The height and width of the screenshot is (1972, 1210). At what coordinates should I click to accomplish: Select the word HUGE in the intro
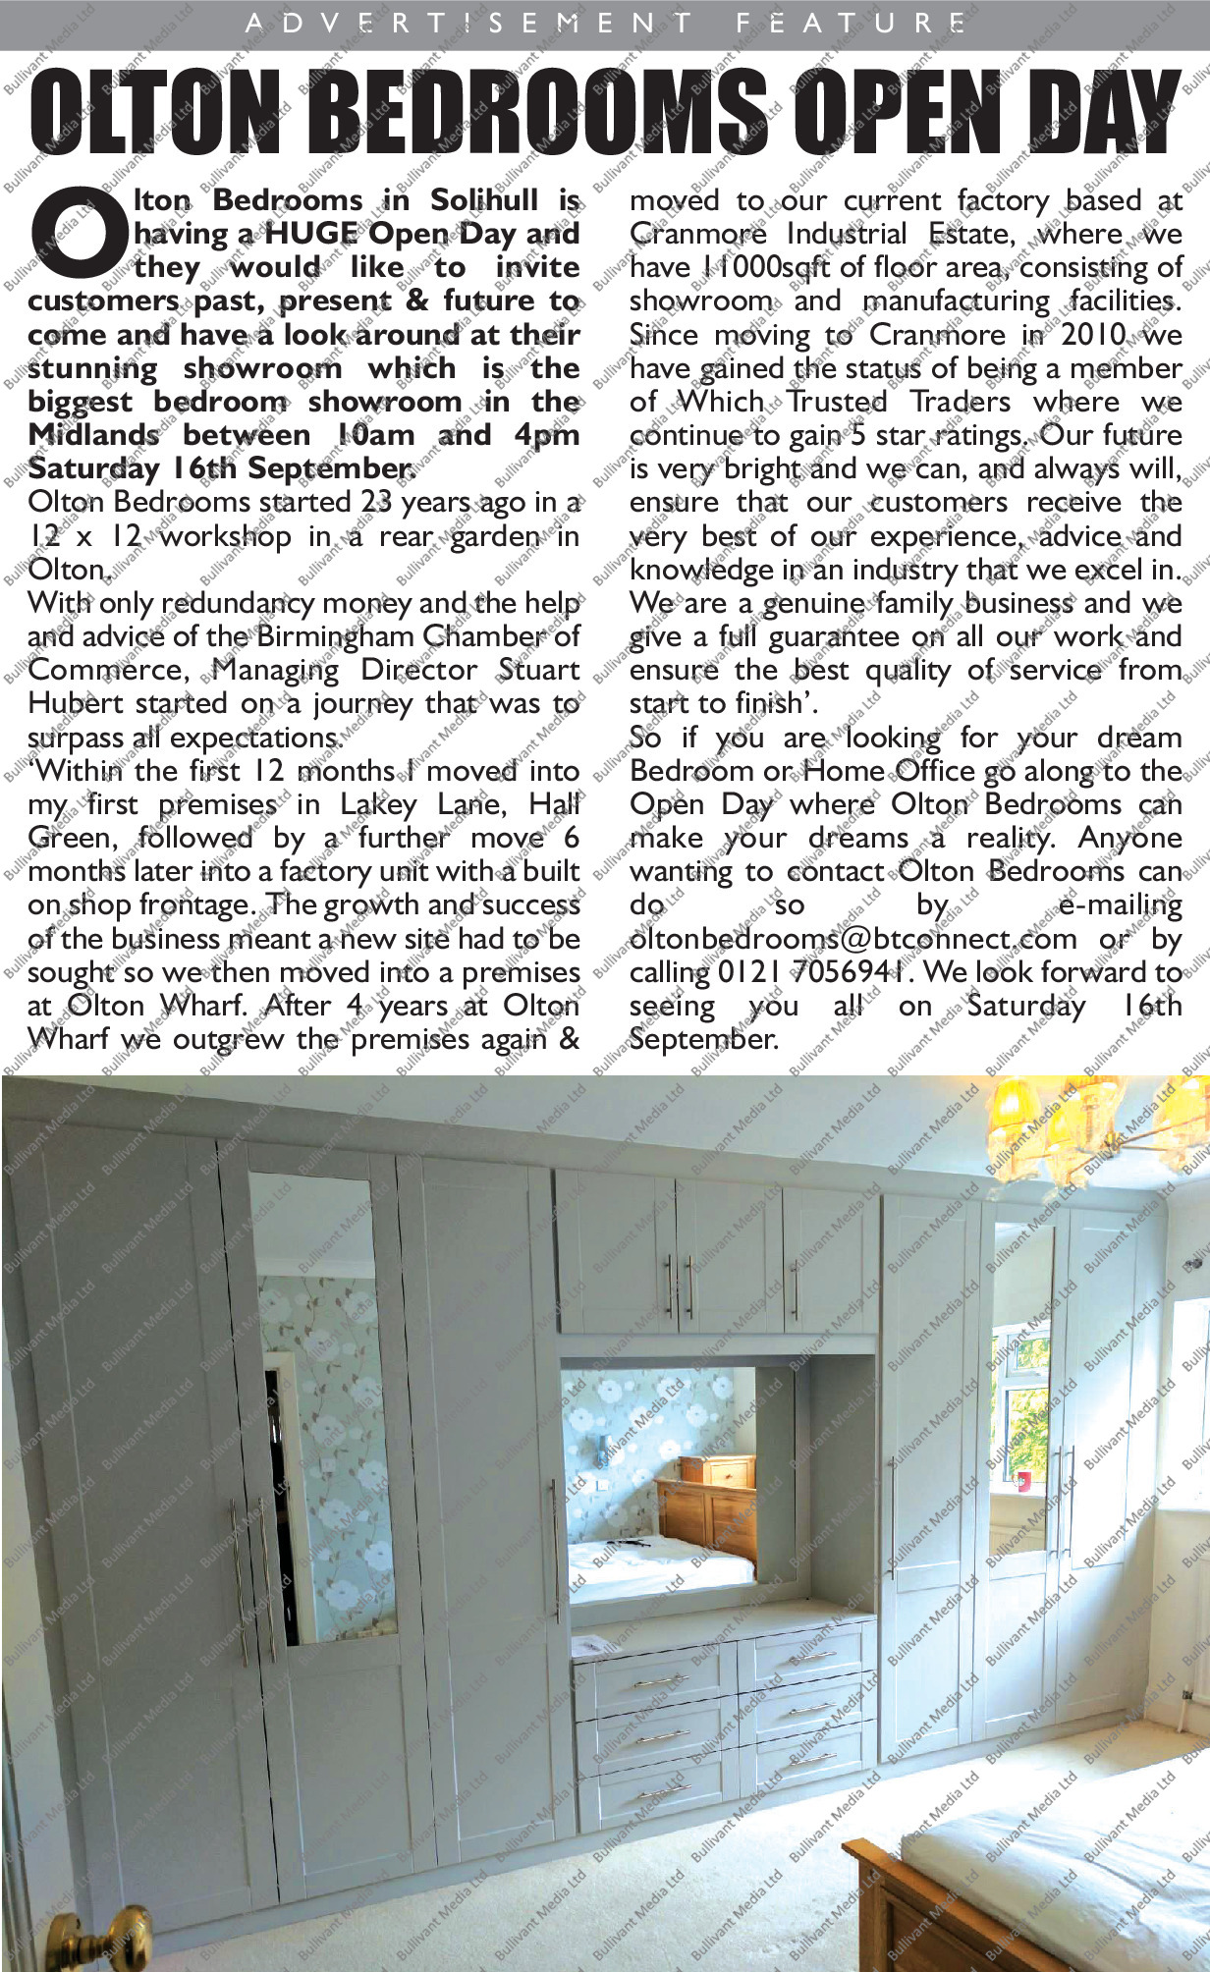(310, 235)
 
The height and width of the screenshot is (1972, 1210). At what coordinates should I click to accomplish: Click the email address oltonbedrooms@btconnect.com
(852, 939)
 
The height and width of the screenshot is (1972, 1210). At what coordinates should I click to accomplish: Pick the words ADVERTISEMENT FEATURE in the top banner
(605, 23)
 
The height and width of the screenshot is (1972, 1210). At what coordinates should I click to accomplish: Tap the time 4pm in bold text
(546, 435)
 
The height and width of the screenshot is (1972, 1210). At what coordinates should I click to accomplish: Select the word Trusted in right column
(837, 402)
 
